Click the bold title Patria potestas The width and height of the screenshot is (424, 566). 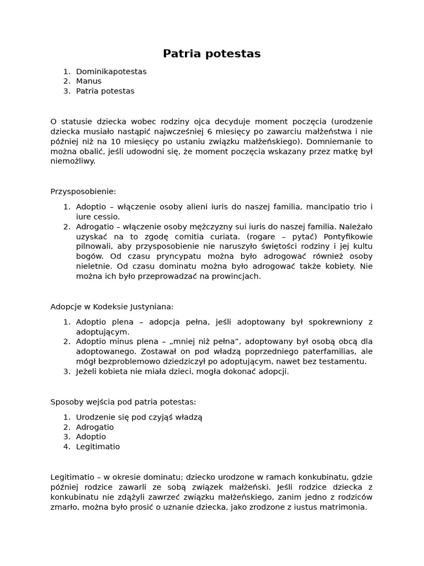[211, 54]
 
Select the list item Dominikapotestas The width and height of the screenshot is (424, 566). [111, 71]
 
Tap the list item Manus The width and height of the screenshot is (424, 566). [88, 81]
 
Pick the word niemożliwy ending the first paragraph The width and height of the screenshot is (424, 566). [72, 161]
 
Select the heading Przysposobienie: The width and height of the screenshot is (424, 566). [83, 191]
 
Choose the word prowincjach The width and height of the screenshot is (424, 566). [236, 276]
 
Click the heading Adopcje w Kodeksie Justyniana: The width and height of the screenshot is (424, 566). [112, 306]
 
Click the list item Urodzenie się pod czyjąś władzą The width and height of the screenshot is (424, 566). [139, 417]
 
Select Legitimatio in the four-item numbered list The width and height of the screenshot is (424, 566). [98, 447]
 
